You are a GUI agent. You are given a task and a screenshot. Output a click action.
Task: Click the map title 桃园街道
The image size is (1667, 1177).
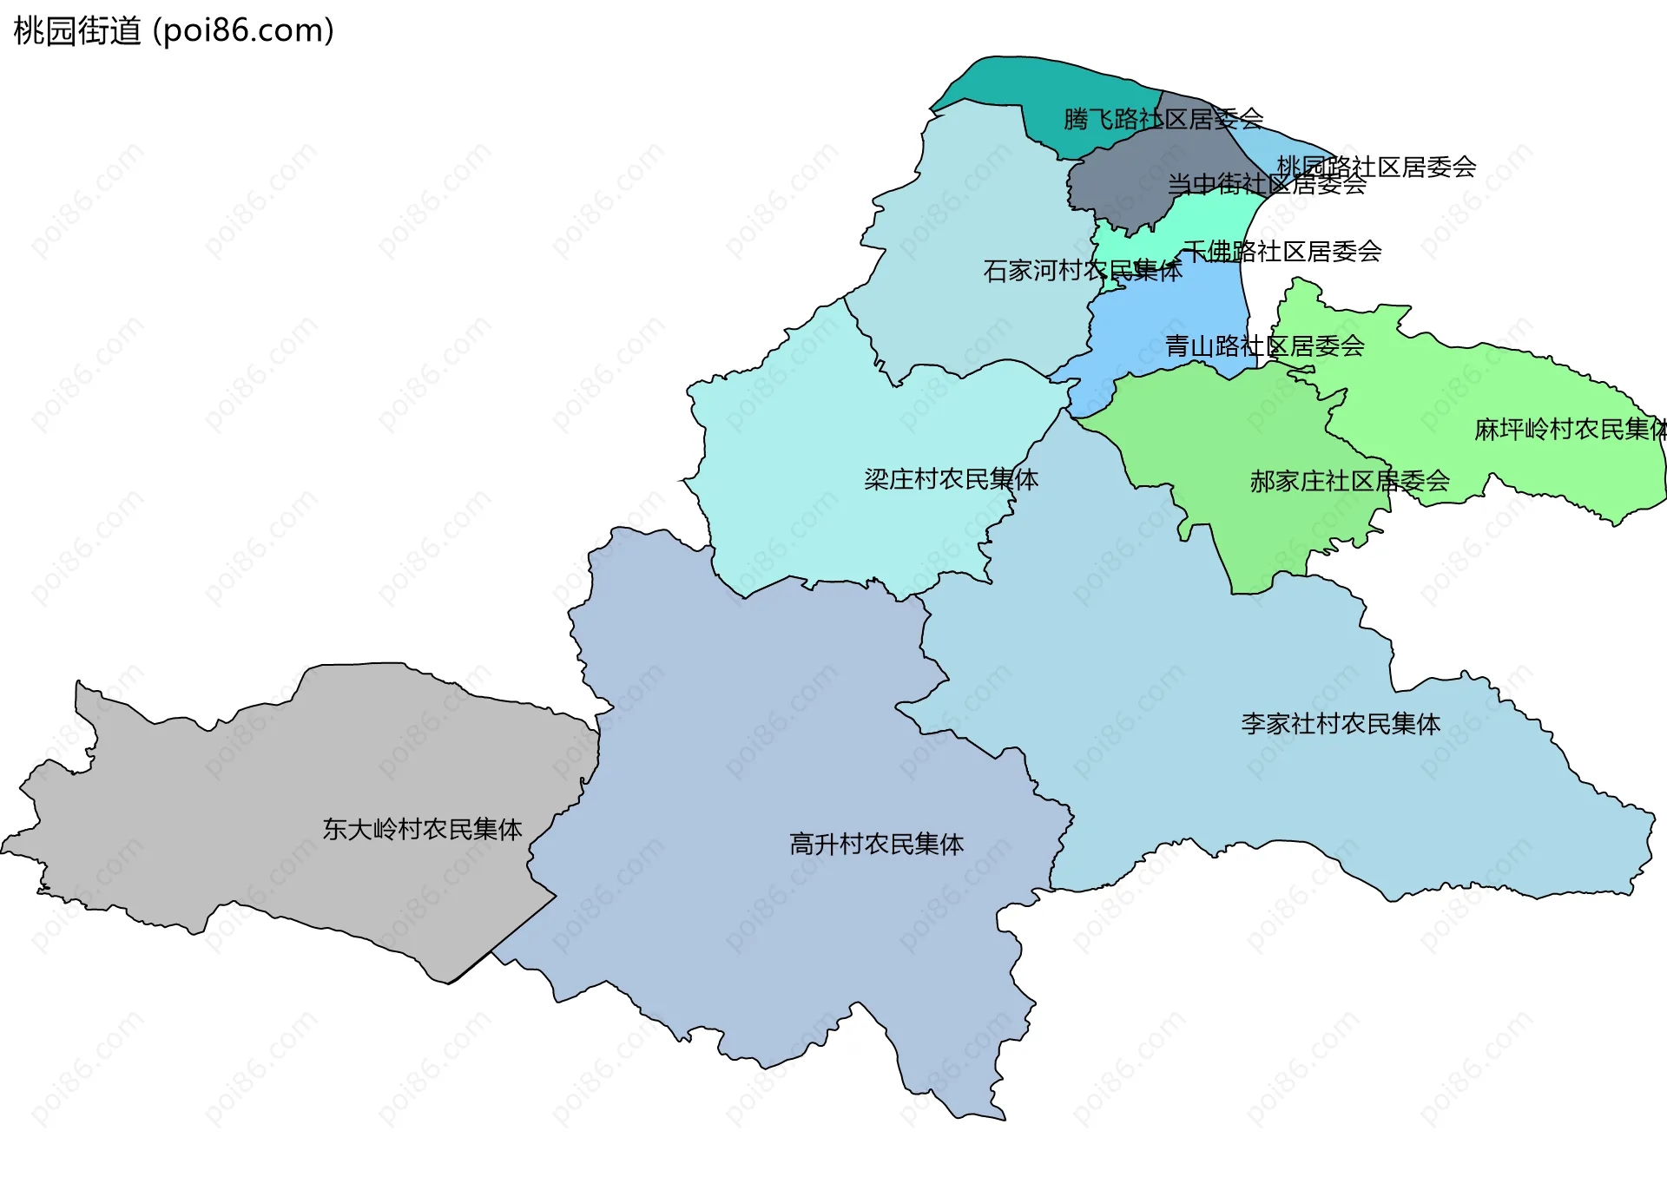point(77,31)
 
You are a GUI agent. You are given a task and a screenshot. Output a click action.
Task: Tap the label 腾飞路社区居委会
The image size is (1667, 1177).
point(1163,119)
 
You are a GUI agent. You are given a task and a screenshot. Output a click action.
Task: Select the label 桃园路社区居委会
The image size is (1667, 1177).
point(1376,167)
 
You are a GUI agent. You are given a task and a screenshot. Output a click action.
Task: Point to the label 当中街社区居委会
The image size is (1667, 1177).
point(1267,184)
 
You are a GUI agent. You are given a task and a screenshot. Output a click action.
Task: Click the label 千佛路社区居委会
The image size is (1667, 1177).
point(1282,252)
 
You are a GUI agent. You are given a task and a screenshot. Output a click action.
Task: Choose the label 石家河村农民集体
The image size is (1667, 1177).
point(1082,271)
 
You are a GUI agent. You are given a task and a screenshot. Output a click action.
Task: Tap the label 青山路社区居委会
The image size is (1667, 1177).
point(1264,346)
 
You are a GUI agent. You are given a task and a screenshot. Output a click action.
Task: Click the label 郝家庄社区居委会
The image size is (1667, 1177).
point(1349,481)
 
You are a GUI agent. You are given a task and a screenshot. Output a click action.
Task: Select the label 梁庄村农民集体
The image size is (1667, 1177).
point(951,479)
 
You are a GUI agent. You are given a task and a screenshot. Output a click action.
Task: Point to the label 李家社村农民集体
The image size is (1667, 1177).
point(1340,724)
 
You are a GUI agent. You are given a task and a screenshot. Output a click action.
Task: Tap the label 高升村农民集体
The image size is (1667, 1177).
point(876,844)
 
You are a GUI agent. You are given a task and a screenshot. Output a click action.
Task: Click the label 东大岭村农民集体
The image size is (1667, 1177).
point(422,829)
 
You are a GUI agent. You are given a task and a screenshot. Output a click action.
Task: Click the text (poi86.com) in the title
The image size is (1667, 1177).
point(243,31)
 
